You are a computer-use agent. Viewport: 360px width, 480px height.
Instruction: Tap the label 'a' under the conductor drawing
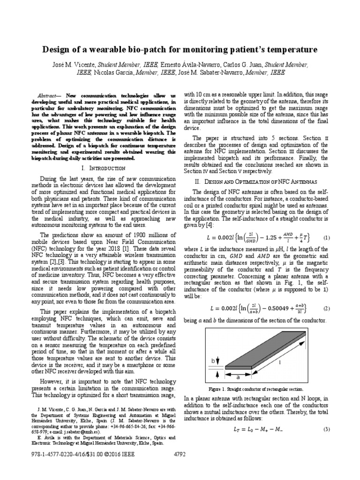coord(238,376)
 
